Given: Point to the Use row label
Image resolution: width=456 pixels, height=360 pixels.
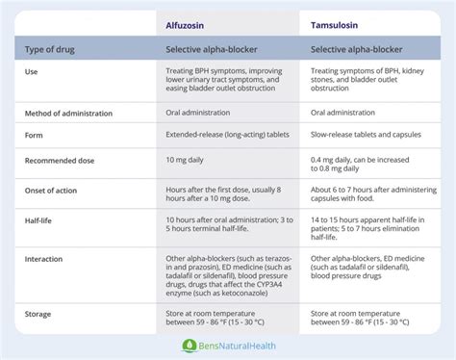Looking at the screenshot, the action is click(32, 71).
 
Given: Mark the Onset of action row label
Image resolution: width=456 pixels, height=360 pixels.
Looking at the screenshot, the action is click(59, 191).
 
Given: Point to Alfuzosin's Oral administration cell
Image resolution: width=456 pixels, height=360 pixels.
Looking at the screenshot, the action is click(205, 113).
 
